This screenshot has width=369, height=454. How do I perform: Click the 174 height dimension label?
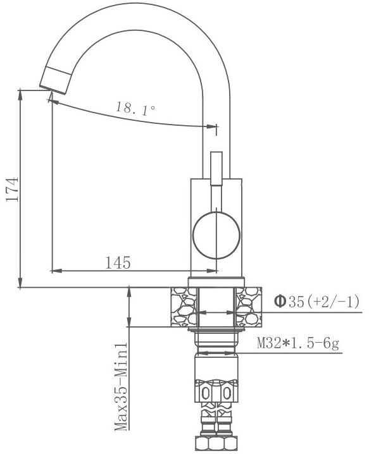pos(12,189)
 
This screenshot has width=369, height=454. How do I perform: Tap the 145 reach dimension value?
pos(118,263)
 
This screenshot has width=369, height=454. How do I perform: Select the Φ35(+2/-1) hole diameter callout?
pos(317,302)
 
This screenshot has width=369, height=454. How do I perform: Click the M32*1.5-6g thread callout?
pos(298,343)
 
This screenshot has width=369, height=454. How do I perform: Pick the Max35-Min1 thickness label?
pos(121,387)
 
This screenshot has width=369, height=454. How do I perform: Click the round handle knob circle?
pos(216,235)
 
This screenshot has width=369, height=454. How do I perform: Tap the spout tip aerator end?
pos(55,81)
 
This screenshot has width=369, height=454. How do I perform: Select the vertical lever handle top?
pos(216,168)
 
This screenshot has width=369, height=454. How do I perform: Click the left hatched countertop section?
pos(183,307)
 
